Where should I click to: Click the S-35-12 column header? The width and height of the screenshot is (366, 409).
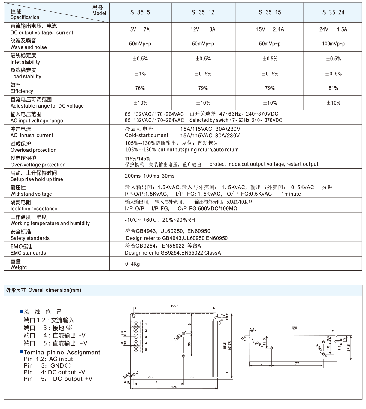[x=203, y=12]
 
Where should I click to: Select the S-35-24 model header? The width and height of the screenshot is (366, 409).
[x=333, y=12]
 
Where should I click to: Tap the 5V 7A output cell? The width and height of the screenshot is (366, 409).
[x=140, y=29]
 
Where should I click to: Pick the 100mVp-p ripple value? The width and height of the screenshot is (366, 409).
[x=333, y=44]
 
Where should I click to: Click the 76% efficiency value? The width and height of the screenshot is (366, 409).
[x=140, y=88]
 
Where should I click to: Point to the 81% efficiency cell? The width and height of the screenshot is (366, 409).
[x=333, y=88]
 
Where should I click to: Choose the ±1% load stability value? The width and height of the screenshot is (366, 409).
[x=140, y=74]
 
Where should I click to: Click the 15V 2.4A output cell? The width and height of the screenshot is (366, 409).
[x=270, y=29]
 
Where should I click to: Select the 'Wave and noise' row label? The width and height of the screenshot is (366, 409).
[x=29, y=47]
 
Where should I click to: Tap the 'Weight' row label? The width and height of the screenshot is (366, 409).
[x=19, y=267]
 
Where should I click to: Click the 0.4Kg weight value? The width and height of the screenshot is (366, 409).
[x=132, y=264]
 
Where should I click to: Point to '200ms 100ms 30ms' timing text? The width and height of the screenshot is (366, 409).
[x=150, y=176]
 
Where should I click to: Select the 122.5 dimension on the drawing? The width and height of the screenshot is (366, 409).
[x=175, y=306]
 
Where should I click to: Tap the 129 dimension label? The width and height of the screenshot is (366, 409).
[x=174, y=387]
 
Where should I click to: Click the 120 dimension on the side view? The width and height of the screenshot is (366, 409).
[x=294, y=328]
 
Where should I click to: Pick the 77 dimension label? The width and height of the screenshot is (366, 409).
[x=297, y=364]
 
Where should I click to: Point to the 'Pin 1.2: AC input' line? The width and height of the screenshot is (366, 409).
[x=48, y=359]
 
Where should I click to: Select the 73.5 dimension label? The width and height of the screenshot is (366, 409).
[x=159, y=382]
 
